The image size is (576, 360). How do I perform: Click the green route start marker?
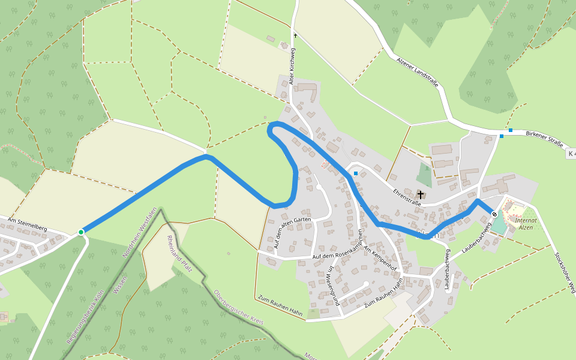(x=81, y=232)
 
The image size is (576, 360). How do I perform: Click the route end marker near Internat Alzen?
(x=494, y=214)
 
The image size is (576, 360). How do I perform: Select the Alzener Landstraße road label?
(x=418, y=72)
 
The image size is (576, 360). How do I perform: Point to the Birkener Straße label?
(x=544, y=139)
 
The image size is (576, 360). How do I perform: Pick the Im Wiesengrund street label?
(x=331, y=287)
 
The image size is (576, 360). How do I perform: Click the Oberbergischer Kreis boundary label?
(x=239, y=308)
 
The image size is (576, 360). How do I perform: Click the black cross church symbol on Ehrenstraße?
(x=421, y=194)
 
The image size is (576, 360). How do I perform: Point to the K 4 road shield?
(x=571, y=154)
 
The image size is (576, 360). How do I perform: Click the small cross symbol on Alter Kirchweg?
(x=295, y=36)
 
